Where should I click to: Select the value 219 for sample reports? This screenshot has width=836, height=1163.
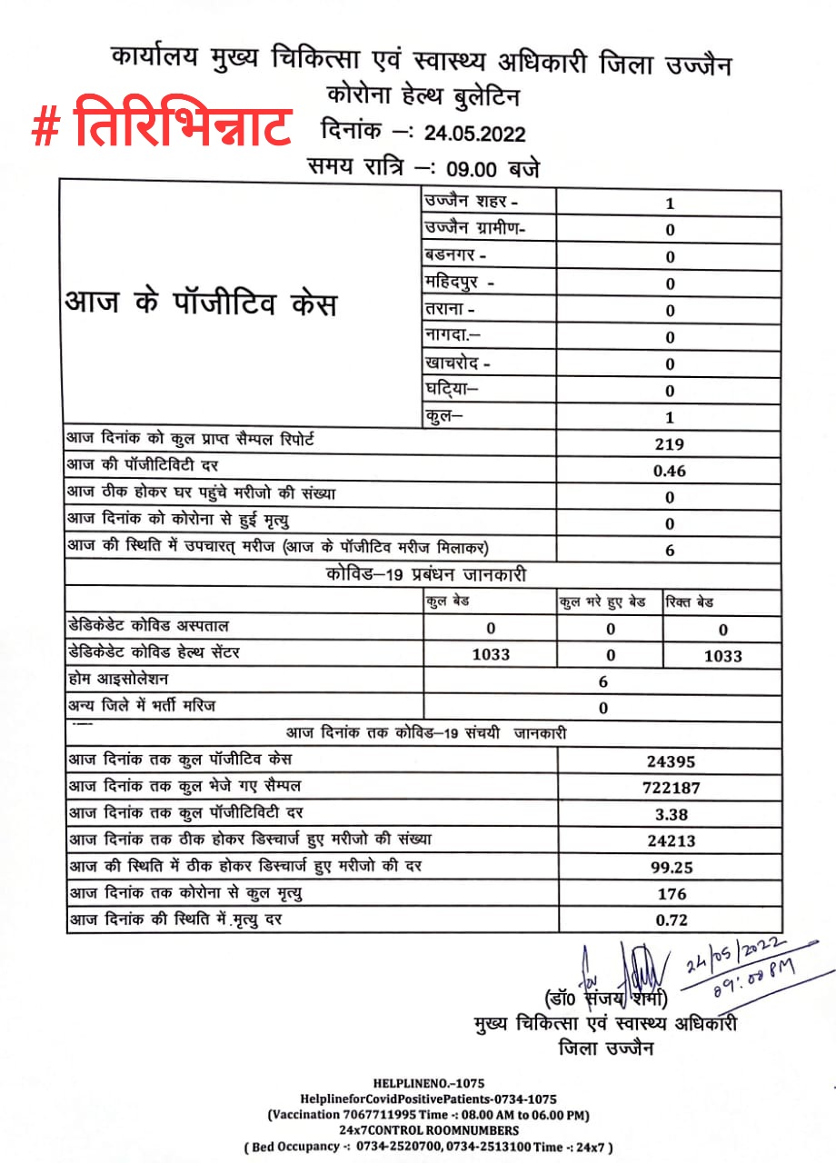pyautogui.click(x=670, y=444)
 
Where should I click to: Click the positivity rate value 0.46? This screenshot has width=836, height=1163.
pyautogui.click(x=670, y=471)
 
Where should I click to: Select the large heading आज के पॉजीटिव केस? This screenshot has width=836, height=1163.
pyautogui.click(x=200, y=303)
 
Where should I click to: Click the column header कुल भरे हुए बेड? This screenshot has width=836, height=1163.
pyautogui.click(x=602, y=602)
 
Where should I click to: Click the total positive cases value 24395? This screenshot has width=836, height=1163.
pyautogui.click(x=671, y=761)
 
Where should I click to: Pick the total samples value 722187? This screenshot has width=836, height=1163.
pyautogui.click(x=671, y=788)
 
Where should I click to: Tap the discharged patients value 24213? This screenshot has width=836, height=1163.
pyautogui.click(x=671, y=841)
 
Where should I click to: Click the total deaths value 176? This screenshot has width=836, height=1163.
pyautogui.click(x=672, y=894)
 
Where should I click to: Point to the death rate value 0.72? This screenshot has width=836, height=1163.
pyautogui.click(x=672, y=920)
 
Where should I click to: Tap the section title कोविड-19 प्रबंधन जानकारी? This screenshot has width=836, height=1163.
pyautogui.click(x=424, y=575)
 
